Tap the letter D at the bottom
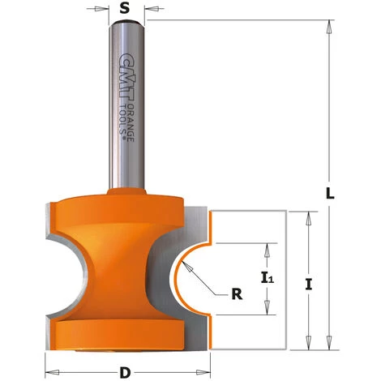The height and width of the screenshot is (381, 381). coord(124,373)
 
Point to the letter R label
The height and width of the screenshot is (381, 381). coord(237,294)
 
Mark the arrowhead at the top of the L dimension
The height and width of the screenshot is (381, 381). coord(329,25)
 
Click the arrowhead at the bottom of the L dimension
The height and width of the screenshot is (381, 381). coord(329,345)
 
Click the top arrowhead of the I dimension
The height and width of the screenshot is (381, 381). coord(308,215)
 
